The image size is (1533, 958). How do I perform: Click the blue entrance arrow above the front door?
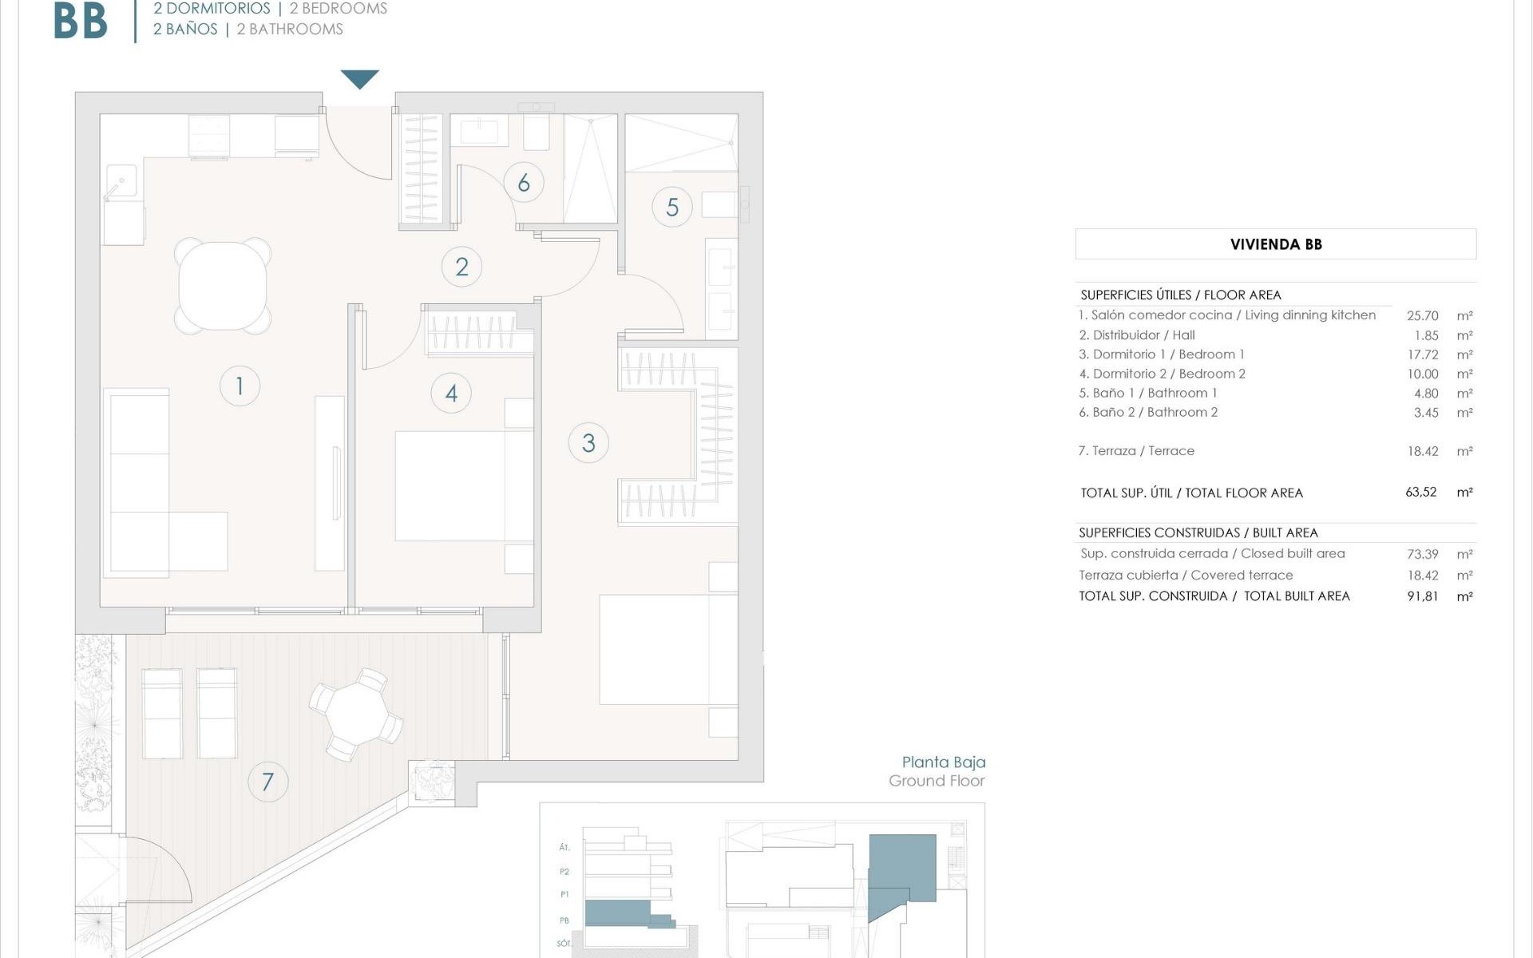pos(359,78)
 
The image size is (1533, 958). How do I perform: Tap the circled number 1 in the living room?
pos(240,386)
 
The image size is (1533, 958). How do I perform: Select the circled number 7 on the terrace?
pos(267,782)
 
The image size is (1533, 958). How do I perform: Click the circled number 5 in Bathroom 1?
pos(672,208)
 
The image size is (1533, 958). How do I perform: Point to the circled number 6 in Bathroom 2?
pos(524,183)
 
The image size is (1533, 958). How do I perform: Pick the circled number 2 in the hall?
pos(461,267)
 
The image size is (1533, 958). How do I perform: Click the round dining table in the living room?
pos(223,286)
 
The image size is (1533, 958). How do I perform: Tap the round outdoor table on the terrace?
pos(356,713)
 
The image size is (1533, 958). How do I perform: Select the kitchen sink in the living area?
pos(121,183)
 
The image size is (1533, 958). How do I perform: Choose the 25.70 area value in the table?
pos(1422,316)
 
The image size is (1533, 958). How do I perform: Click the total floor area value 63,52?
pos(1420,493)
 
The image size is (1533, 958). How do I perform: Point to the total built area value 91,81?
pos(1422,596)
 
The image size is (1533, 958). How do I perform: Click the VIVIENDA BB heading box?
pos(1275,244)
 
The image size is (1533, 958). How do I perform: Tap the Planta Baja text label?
pos(943,762)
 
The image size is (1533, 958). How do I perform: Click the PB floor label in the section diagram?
pos(564,920)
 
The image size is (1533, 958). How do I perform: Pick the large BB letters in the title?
pos(81,22)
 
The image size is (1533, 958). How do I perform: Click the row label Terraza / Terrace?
pos(1135,451)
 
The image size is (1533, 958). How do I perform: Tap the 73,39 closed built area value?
pos(1422,554)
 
